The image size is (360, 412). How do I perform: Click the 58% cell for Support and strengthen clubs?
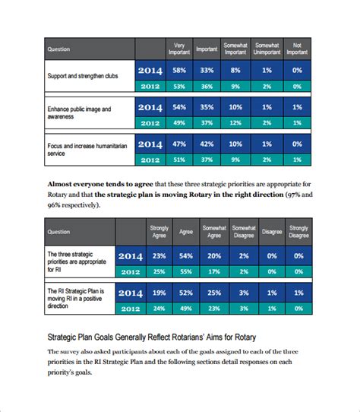[180, 70]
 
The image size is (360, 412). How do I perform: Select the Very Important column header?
[180, 49]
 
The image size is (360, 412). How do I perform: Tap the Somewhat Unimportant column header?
[266, 49]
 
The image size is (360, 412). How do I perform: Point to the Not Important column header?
[297, 49]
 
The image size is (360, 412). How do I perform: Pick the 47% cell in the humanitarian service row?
[180, 144]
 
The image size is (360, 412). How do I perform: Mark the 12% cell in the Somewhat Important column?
[235, 122]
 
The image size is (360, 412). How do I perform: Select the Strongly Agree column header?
[159, 231]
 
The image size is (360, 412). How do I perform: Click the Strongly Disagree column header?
[298, 231]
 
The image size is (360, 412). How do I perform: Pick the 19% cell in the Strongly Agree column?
[159, 293]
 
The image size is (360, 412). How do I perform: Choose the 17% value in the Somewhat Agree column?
[214, 271]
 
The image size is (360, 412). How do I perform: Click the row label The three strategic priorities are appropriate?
[76, 259]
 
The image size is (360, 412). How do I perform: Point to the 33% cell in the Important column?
[207, 70]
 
